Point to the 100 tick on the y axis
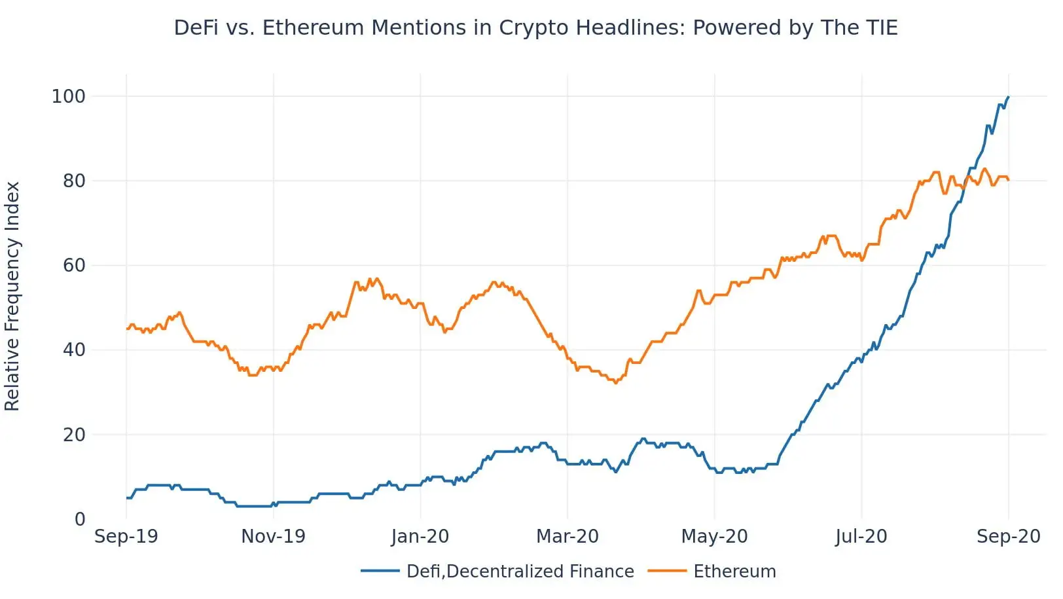click(x=69, y=97)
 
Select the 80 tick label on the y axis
click(x=74, y=181)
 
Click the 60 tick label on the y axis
click(x=74, y=266)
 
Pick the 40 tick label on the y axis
click(x=74, y=350)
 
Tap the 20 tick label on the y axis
click(x=74, y=435)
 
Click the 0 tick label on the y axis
click(x=80, y=520)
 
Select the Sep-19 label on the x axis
click(x=126, y=537)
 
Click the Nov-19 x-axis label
click(x=273, y=537)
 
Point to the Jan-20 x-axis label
click(x=420, y=537)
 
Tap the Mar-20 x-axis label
click(x=568, y=537)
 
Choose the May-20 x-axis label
click(x=714, y=537)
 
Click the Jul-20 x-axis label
click(x=861, y=537)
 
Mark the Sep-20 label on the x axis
click(x=1008, y=537)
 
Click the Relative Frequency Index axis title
click(x=12, y=297)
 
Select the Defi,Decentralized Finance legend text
click(x=520, y=572)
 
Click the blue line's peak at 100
click(x=1008, y=98)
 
